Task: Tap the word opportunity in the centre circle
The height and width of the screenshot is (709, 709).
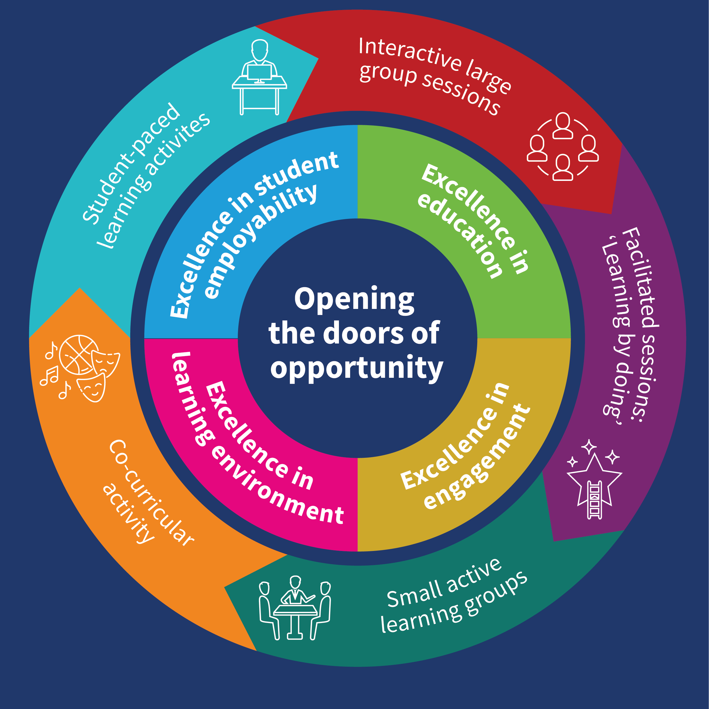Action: [356, 368]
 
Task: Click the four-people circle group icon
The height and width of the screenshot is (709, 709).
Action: [563, 146]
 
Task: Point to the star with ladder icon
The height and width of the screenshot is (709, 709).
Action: [594, 480]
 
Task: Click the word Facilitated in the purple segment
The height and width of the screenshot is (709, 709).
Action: [641, 277]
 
